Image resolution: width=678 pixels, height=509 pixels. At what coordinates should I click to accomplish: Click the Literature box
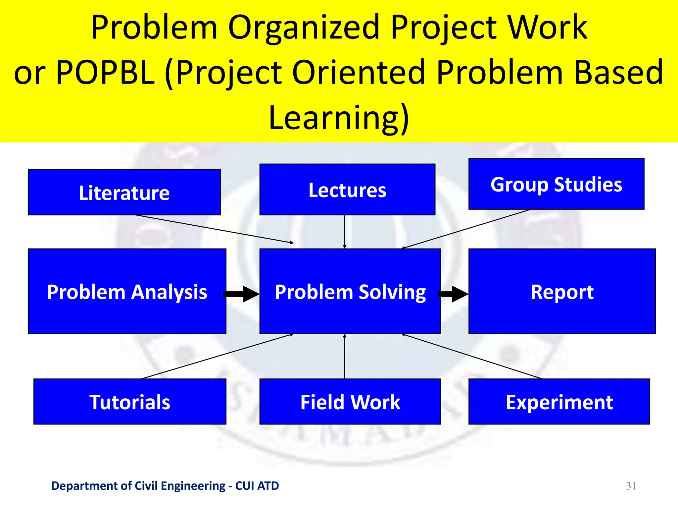point(124,193)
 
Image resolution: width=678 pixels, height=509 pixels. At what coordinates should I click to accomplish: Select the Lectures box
point(347,190)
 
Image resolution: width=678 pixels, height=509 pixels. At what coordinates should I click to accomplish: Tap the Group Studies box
point(556,184)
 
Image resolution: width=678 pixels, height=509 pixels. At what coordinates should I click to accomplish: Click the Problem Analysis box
point(127,291)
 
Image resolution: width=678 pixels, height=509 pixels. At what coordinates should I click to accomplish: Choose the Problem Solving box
point(350,291)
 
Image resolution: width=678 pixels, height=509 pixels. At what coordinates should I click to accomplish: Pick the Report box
point(562,291)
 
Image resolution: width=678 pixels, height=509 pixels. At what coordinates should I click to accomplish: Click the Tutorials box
point(130,402)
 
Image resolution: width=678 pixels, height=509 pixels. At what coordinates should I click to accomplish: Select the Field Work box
point(350,402)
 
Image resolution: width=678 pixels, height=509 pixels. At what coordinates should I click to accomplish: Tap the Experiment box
point(559,402)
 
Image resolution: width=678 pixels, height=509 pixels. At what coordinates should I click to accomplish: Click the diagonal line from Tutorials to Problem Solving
point(217,356)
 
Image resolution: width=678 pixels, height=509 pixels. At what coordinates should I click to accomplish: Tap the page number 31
point(631,486)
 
